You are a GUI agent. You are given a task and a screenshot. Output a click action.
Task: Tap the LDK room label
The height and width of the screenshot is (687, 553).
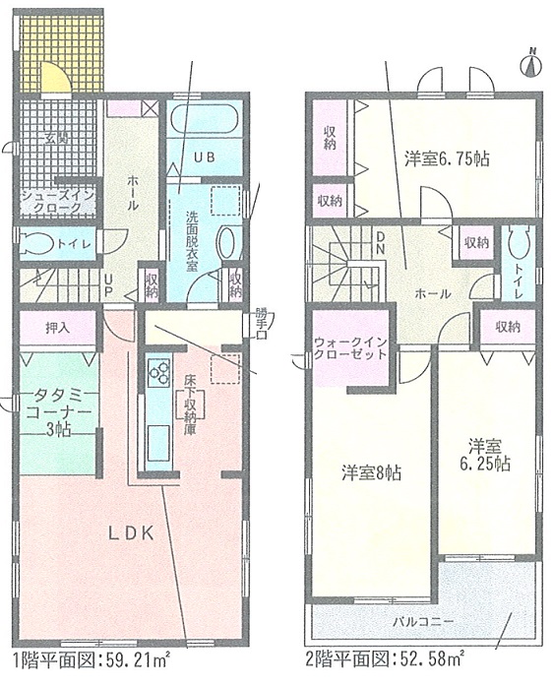pyautogui.click(x=131, y=533)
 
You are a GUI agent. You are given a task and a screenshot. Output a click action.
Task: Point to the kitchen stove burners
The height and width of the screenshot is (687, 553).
pyautogui.click(x=158, y=372)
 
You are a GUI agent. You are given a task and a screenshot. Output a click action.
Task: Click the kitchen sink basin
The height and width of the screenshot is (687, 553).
pyautogui.click(x=158, y=442)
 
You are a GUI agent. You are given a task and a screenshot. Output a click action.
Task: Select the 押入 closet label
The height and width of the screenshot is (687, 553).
pyautogui.click(x=57, y=328)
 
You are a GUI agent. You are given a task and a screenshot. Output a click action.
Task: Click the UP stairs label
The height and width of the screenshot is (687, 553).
pyautogui.click(x=108, y=283)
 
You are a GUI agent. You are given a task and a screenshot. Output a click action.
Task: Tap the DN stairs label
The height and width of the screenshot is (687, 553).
pyautogui.click(x=379, y=243)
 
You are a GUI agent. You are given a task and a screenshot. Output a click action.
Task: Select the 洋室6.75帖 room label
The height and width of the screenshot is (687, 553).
pyautogui.click(x=447, y=159)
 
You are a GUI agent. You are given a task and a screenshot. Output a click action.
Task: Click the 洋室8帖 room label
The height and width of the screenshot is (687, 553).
pyautogui.click(x=372, y=472)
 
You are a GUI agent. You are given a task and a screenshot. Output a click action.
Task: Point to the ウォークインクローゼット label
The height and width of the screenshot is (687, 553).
pyautogui.click(x=350, y=348)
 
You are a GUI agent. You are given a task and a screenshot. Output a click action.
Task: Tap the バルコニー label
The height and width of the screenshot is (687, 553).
pyautogui.click(x=422, y=621)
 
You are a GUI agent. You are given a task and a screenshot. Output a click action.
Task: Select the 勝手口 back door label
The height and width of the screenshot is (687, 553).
pyautogui.click(x=261, y=325)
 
